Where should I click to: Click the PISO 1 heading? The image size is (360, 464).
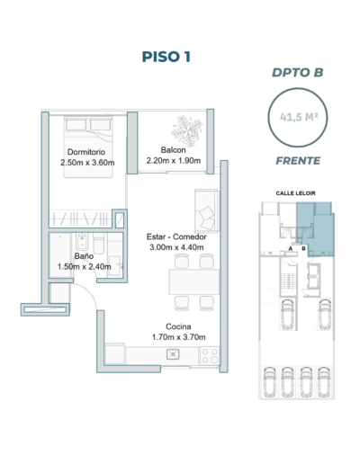coord(166,57)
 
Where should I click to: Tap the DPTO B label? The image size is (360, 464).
coord(298,73)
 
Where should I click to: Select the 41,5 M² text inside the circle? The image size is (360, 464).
coord(299,117)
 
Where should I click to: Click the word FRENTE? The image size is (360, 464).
coord(298,161)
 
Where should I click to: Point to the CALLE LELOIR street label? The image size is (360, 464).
coord(296,193)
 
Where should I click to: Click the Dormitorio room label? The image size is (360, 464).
coord(86,152)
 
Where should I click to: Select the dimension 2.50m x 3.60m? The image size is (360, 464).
coord(87,163)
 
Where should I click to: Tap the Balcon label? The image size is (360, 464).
coord(174,149)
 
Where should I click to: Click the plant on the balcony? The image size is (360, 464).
coord(186,131)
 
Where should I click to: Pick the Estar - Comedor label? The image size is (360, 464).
coord(176,236)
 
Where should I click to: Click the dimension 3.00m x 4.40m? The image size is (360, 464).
coord(176,247)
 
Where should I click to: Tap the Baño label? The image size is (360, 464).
coord(84,256)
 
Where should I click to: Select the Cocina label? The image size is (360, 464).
coord(178,326)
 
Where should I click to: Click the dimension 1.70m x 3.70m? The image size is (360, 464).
coord(179,337)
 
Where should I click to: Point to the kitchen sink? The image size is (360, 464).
coord(173,354)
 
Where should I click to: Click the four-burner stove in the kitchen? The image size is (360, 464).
coord(210,355)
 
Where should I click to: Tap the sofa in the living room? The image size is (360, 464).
coord(207,211)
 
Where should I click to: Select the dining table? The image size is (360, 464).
coord(194,282)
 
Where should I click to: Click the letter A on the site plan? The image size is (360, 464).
coord(291,248)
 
